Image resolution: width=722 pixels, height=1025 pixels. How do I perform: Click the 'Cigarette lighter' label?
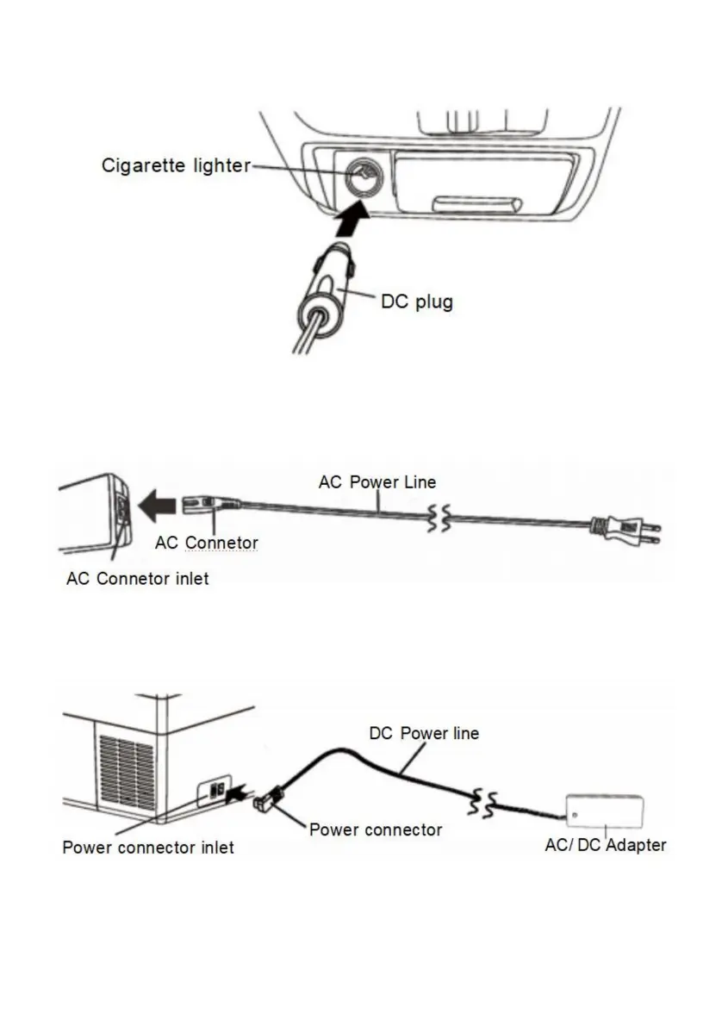pos(176,165)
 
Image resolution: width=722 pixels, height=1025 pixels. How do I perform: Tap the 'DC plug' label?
pos(416,302)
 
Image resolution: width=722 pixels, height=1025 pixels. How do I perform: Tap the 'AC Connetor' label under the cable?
pos(206,543)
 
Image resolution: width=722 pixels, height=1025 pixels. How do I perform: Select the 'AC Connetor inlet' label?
pos(137,579)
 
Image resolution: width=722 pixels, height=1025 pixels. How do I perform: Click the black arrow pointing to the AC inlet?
pos(159,506)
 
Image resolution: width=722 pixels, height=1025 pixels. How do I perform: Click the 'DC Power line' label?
pos(424,734)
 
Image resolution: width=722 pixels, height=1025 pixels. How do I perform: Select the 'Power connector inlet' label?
pos(147,848)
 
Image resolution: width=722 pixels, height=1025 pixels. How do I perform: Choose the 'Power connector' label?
pos(375,830)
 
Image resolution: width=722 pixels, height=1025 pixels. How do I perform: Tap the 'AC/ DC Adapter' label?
pos(605,845)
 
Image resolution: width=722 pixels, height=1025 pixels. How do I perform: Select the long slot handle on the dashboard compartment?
pos(477,204)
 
